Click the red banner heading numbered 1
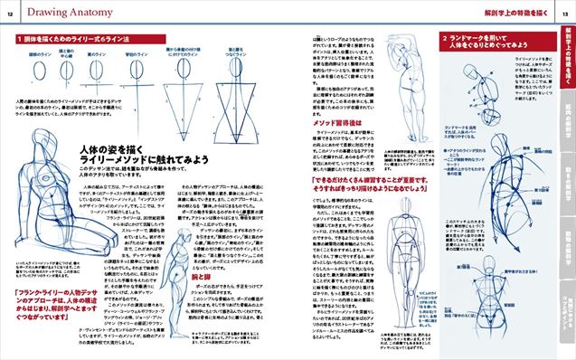pyautogui.click(x=63, y=43)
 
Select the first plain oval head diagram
pyautogui.click(x=36, y=71)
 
